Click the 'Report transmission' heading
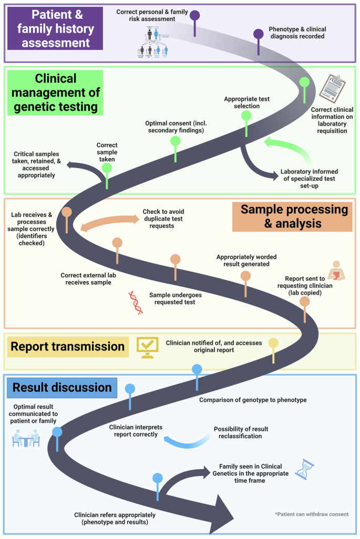tap(67, 346)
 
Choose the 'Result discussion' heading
tap(62, 388)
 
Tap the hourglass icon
tap(304, 469)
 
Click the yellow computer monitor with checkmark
tap(147, 347)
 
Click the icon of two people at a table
tap(26, 437)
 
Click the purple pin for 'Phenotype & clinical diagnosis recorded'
tap(258, 35)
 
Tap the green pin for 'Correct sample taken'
tap(107, 169)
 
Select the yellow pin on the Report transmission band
tap(273, 344)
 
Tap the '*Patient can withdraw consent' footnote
tap(311, 514)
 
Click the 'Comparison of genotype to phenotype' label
tap(252, 400)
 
